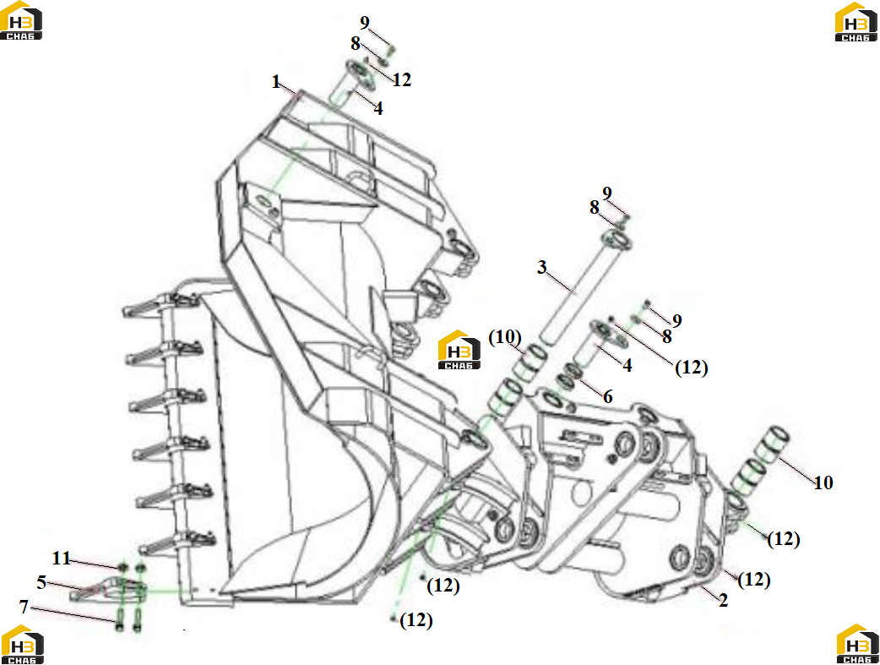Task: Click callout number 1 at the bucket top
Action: pos(275,82)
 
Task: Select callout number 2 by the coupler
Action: pos(724,600)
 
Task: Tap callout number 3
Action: pos(541,267)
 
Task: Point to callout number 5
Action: pos(41,582)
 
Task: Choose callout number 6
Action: pos(608,396)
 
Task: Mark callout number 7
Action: pos(24,607)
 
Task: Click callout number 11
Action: pos(61,558)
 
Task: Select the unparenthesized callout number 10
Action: pos(823,482)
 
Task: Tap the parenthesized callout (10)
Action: pos(505,337)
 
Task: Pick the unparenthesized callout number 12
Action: pos(402,79)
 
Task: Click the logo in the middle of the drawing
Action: pos(459,349)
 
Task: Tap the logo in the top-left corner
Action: pos(21,20)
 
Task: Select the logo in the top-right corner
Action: pos(856,21)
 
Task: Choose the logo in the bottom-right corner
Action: pos(857,644)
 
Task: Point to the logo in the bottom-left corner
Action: pos(23,644)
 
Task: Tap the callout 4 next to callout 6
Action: pos(627,366)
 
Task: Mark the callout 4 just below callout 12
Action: pos(378,108)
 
